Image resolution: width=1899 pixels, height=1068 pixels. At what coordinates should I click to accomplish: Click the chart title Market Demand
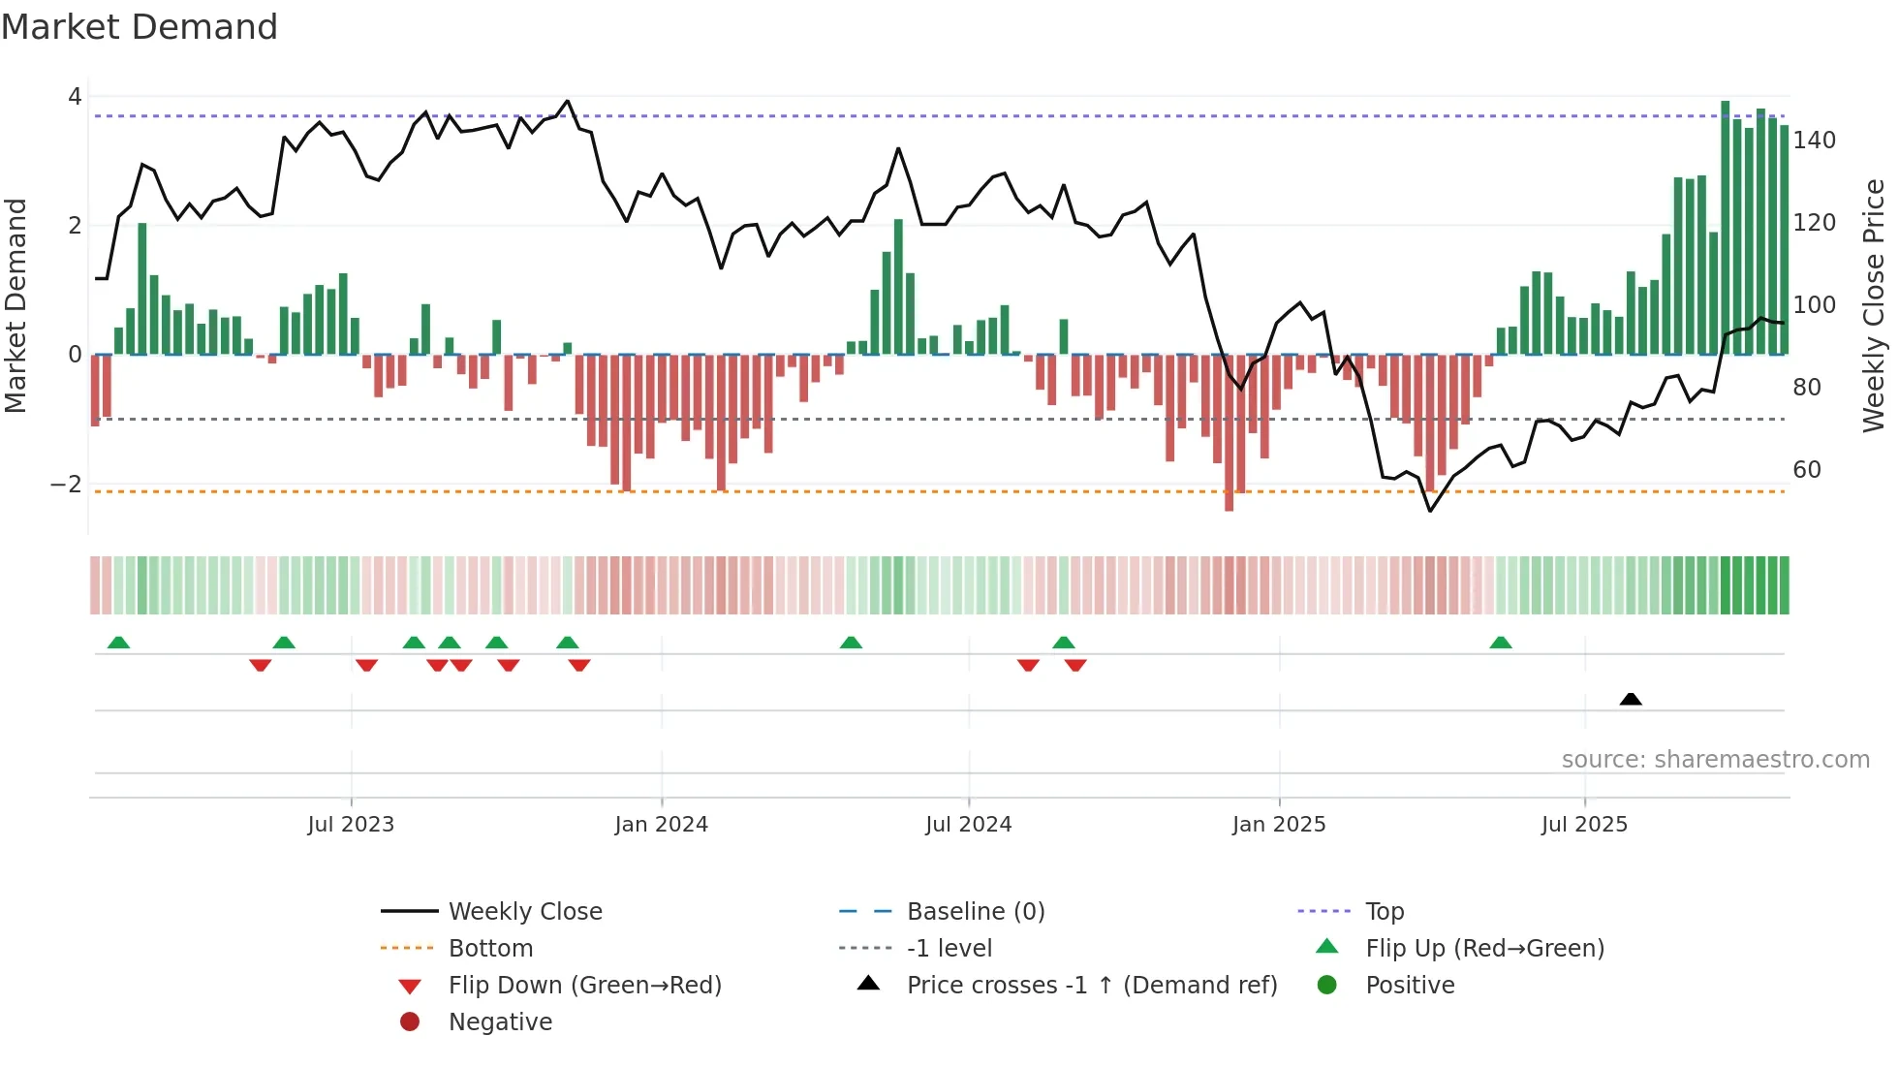140,27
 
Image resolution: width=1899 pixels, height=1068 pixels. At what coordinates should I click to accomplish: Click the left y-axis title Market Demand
16,305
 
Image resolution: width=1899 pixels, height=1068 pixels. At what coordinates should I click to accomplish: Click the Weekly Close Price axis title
1874,305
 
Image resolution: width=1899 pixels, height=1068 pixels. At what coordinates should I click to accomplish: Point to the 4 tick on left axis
75,97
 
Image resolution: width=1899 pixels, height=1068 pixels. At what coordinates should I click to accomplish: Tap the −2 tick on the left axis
67,485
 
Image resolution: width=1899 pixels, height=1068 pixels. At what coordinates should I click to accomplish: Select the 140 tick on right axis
1814,141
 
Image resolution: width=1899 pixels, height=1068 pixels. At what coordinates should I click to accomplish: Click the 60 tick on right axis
1807,470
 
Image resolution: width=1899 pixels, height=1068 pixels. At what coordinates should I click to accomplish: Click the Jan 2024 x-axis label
661,825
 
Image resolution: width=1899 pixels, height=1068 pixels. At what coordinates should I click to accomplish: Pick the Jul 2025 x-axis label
1584,825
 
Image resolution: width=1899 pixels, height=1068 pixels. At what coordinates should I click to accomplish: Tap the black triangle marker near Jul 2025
1631,699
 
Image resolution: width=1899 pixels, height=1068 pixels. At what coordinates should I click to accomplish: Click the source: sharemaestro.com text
1715,760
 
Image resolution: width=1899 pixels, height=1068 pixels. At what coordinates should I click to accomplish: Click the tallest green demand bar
1726,228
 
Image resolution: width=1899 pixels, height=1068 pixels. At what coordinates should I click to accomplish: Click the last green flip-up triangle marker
1501,643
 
